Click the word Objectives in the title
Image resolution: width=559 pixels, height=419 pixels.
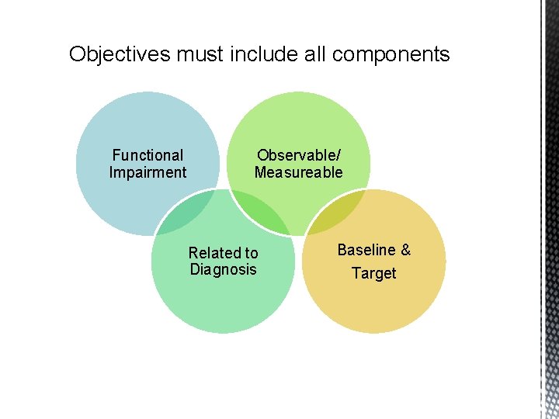[120, 54]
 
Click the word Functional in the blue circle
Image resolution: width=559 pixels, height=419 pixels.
[148, 155]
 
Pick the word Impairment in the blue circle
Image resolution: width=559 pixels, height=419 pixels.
[148, 172]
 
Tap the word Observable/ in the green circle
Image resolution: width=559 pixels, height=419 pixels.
[298, 155]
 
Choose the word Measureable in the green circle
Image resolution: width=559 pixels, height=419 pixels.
[298, 172]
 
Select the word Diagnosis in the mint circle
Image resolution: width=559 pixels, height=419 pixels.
[223, 269]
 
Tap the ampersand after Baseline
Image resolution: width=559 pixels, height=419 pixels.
[404, 250]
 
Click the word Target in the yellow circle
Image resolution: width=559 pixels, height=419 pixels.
[373, 273]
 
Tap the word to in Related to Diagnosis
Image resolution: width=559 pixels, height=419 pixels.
[250, 253]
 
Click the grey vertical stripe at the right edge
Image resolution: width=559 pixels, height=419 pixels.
[549, 209]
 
